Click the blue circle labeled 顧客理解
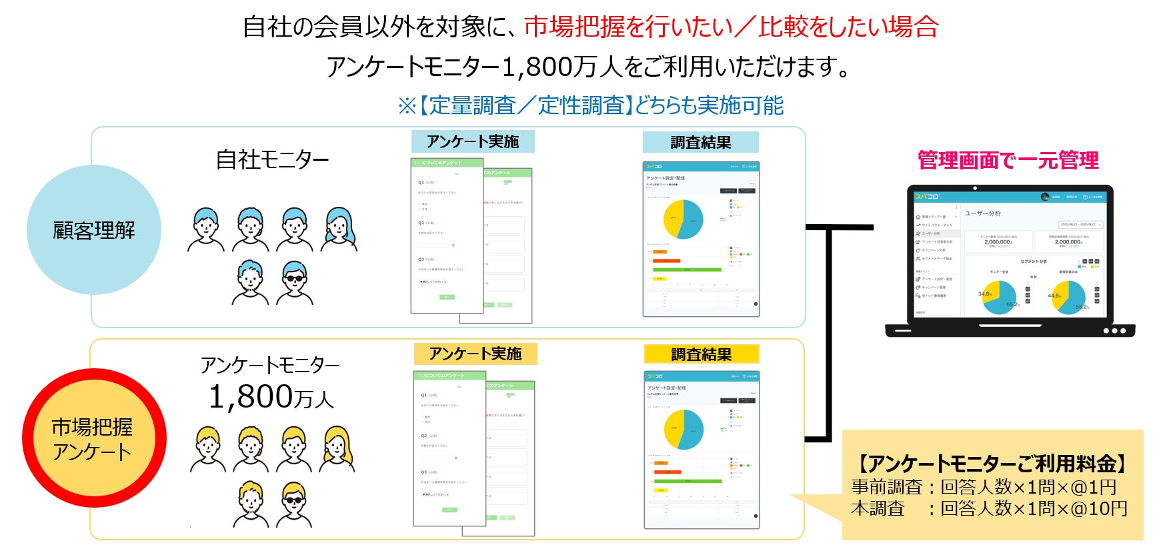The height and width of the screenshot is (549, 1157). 93,230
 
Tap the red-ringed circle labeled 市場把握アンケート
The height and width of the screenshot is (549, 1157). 93,439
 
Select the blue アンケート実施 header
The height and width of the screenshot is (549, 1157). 473,141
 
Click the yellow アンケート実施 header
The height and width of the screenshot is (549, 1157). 475,354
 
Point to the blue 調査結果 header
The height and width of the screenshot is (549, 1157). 700,142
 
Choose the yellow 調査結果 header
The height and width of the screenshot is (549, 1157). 701,354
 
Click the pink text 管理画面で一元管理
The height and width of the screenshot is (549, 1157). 1008,161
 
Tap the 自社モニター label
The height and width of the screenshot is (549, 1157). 272,160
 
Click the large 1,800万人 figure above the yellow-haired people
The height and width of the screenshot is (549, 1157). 271,398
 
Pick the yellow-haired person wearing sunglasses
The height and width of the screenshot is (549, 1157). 293,503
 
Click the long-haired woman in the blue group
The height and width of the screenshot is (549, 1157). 339,229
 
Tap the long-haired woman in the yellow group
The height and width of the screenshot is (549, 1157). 338,448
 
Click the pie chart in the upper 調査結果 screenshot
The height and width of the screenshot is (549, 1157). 683,219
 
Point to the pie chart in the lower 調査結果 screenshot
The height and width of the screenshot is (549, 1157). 684,429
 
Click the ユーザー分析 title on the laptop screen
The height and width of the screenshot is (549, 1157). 982,213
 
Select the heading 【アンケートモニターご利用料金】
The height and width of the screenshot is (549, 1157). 991,463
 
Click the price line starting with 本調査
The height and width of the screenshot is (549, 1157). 988,509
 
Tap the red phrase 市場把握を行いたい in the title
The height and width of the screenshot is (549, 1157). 628,27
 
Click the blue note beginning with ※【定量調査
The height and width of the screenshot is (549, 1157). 590,105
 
